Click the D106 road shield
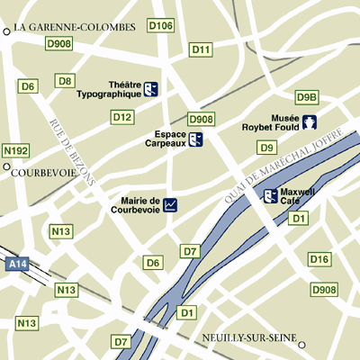160,26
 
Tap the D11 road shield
202,49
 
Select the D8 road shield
65,81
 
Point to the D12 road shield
122,117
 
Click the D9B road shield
307,97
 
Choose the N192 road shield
16,150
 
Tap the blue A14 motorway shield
16,265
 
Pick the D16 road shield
319,259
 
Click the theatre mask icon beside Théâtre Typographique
152,88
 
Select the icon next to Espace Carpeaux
195,139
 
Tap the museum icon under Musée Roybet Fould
310,122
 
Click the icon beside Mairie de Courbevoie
170,205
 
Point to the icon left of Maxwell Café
270,195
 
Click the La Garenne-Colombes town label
75,28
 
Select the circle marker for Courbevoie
6,166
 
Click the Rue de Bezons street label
72,151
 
